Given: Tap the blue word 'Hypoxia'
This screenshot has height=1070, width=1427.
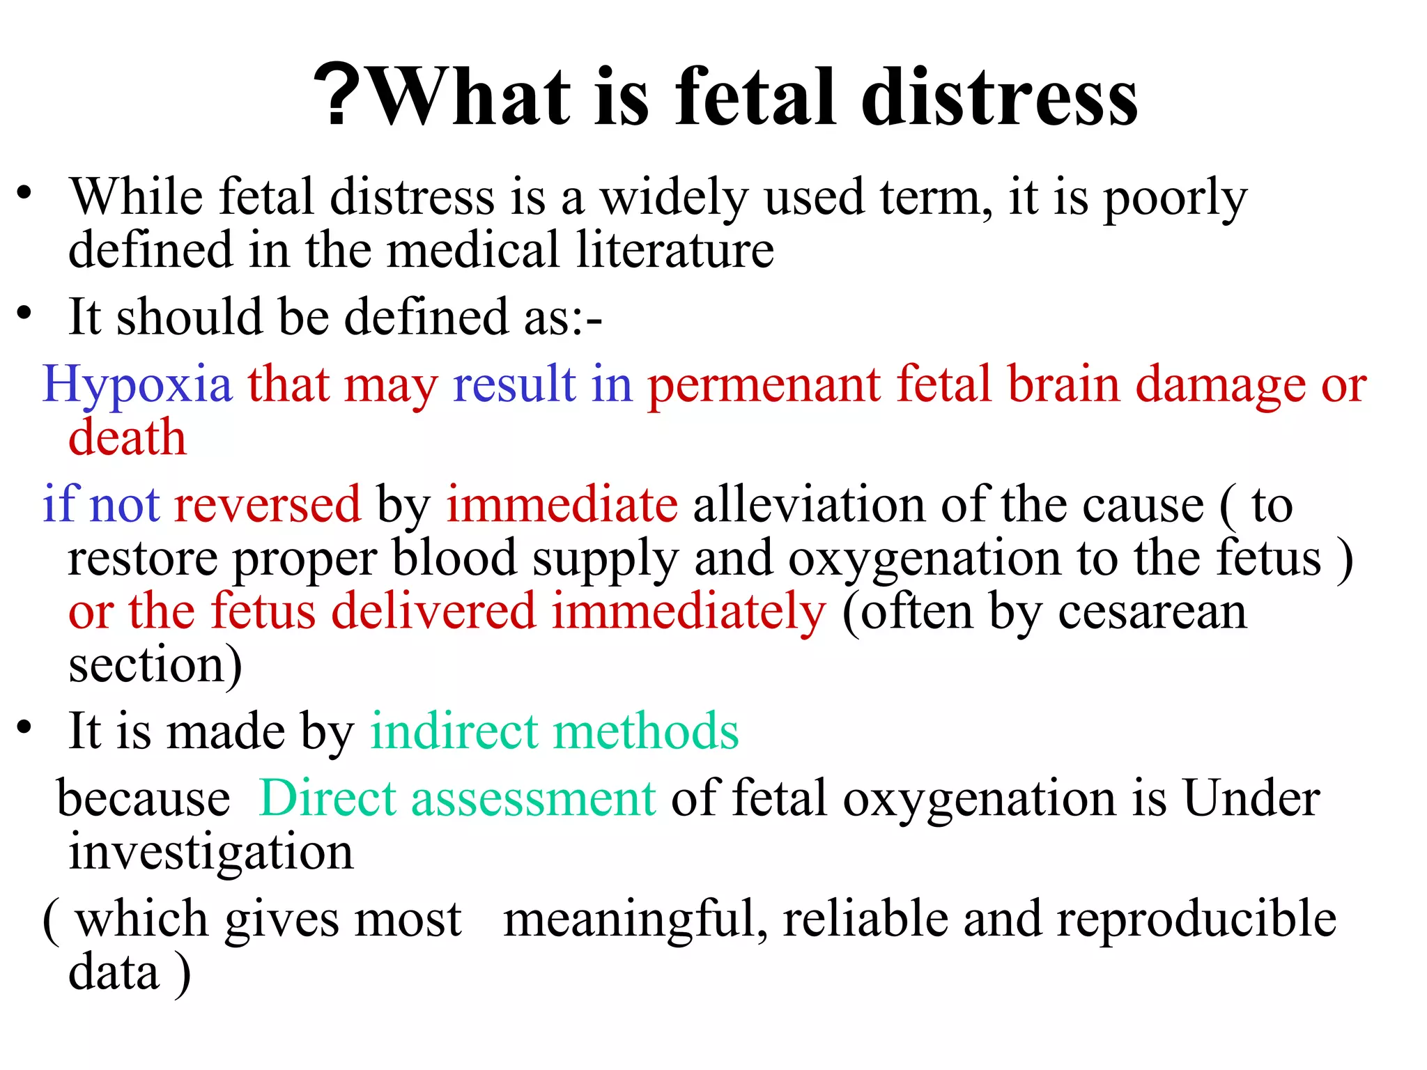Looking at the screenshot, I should tap(137, 384).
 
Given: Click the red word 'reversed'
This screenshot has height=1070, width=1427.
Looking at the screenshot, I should tap(268, 504).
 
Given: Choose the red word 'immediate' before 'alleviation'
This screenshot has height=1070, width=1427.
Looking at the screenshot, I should tap(562, 504).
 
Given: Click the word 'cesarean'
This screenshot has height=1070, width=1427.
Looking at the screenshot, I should tap(1152, 612).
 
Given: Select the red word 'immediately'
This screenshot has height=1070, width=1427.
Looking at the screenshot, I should tap(689, 612).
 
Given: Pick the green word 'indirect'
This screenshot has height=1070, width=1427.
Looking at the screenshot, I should tap(454, 731).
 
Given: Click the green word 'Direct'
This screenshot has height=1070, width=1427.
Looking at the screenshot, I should tap(327, 798).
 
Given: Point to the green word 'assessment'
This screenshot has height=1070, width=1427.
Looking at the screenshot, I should tap(533, 798).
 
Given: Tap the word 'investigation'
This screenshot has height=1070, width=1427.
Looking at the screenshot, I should tap(211, 853).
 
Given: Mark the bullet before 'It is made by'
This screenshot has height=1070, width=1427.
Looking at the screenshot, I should tap(25, 727).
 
